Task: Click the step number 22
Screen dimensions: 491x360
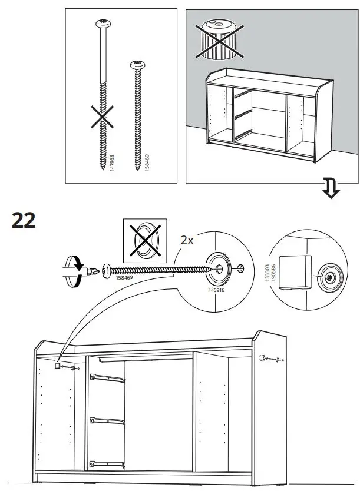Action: (24, 221)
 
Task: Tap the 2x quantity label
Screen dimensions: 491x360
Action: (187, 241)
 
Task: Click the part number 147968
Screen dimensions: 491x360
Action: (112, 162)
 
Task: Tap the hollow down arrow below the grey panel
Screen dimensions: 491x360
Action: (332, 189)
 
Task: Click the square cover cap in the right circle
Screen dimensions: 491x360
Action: (295, 273)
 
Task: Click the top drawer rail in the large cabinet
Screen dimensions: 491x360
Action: (108, 378)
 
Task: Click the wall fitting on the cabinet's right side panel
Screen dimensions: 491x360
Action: (271, 357)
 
